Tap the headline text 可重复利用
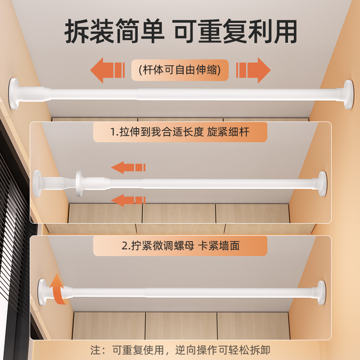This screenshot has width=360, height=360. tap(236, 31)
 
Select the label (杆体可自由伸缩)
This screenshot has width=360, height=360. tap(180, 70)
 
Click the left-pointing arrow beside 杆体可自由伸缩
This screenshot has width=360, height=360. tap(107, 70)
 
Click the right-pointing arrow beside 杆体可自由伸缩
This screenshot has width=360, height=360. tap(253, 70)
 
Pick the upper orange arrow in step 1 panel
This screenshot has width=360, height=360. tap(128, 168)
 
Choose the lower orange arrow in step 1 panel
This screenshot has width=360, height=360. tap(128, 199)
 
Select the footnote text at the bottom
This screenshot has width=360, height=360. tap(180, 350)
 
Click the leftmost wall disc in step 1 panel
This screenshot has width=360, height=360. tap(37, 183)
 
